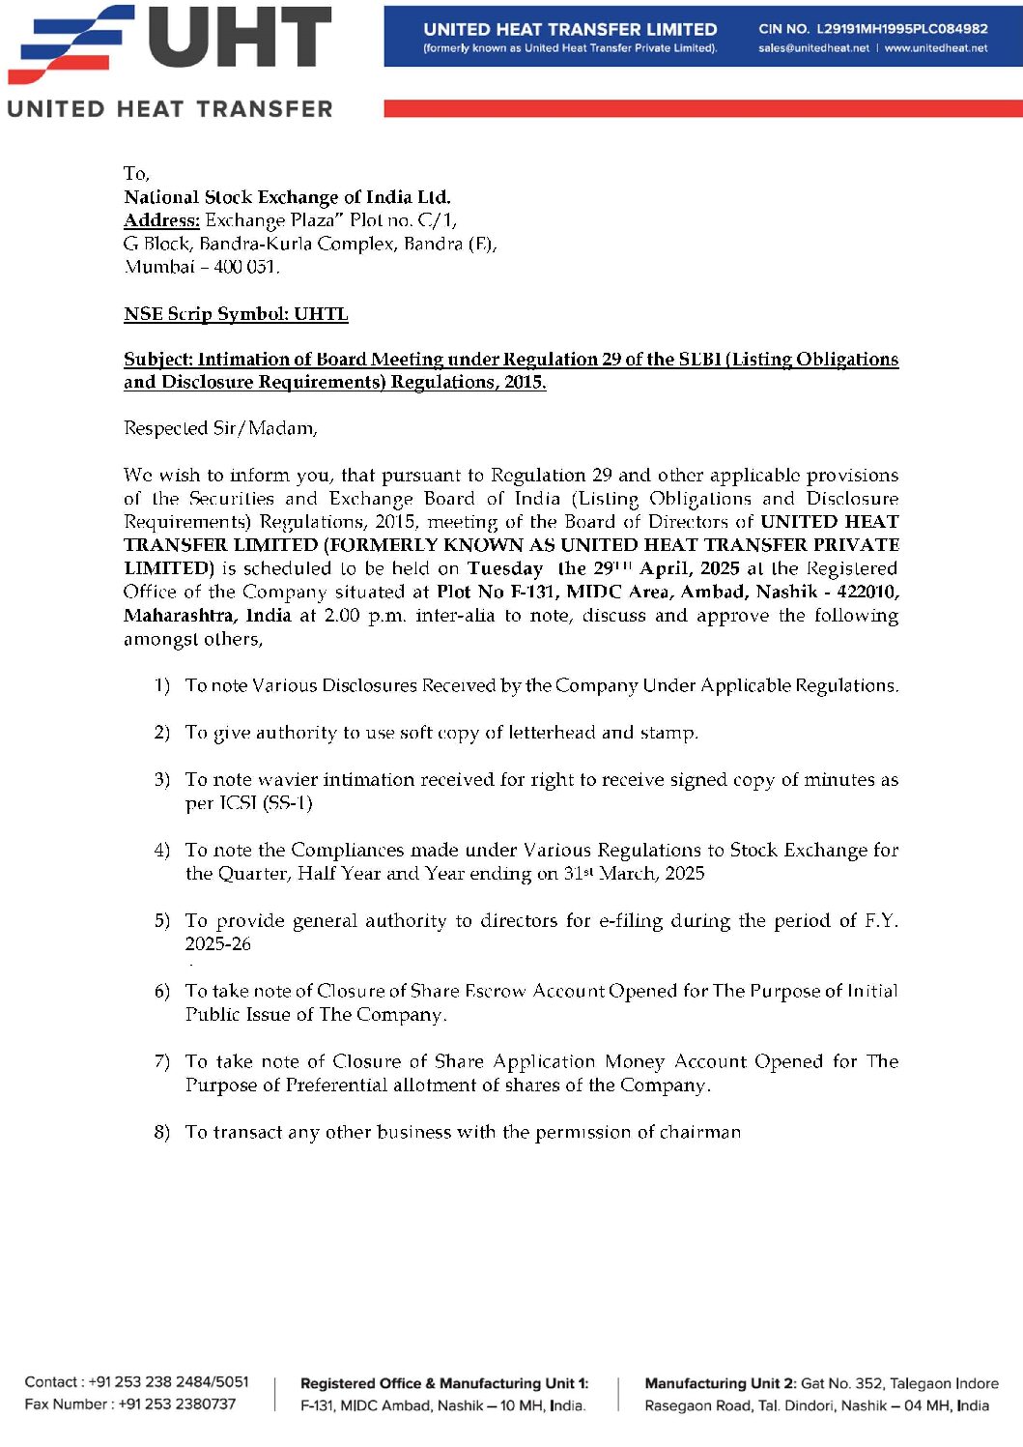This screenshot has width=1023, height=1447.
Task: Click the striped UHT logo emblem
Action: click(71, 43)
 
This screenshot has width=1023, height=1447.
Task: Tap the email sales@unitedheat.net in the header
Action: click(813, 48)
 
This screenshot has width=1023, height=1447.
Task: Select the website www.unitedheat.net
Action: click(935, 48)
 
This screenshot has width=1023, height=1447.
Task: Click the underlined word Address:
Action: click(161, 220)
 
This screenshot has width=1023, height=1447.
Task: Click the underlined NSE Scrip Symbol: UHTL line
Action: click(236, 314)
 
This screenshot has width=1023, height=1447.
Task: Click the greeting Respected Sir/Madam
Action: click(220, 428)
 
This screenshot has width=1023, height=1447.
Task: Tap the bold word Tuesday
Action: click(505, 568)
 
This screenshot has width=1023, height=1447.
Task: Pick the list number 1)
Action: click(161, 686)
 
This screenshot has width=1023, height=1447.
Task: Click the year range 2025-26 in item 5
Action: click(218, 944)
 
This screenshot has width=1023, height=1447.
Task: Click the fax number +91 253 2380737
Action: click(177, 1404)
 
